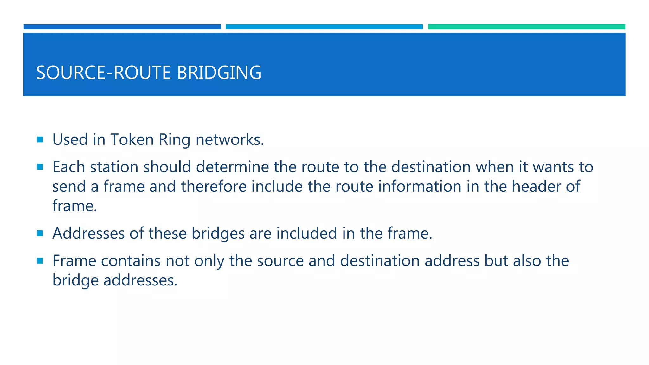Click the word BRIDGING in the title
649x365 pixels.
click(219, 73)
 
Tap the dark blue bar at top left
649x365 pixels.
click(122, 27)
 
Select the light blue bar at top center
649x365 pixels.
click(324, 27)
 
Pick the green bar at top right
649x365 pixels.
click(526, 27)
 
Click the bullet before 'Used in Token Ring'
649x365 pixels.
click(40, 139)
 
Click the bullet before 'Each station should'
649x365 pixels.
click(40, 167)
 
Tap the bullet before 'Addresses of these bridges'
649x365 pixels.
click(40, 233)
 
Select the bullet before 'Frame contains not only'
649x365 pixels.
click(40, 261)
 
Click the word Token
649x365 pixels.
click(132, 139)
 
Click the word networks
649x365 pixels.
click(229, 139)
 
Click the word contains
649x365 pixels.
click(131, 261)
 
